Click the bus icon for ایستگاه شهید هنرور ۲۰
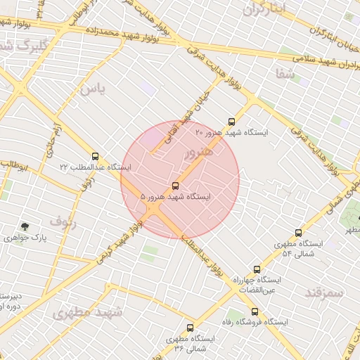click(x=232, y=122)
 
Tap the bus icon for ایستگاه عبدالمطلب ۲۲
click(x=95, y=156)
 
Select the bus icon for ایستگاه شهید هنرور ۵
click(x=175, y=186)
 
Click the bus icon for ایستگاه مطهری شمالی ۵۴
click(x=299, y=233)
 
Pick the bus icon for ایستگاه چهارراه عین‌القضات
click(x=257, y=269)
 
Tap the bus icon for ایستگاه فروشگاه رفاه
click(x=255, y=311)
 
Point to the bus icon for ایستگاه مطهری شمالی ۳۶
click(x=190, y=328)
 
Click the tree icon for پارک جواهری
click(x=25, y=226)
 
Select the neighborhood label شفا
click(x=285, y=72)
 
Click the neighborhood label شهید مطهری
click(x=88, y=312)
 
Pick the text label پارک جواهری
click(x=42, y=238)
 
